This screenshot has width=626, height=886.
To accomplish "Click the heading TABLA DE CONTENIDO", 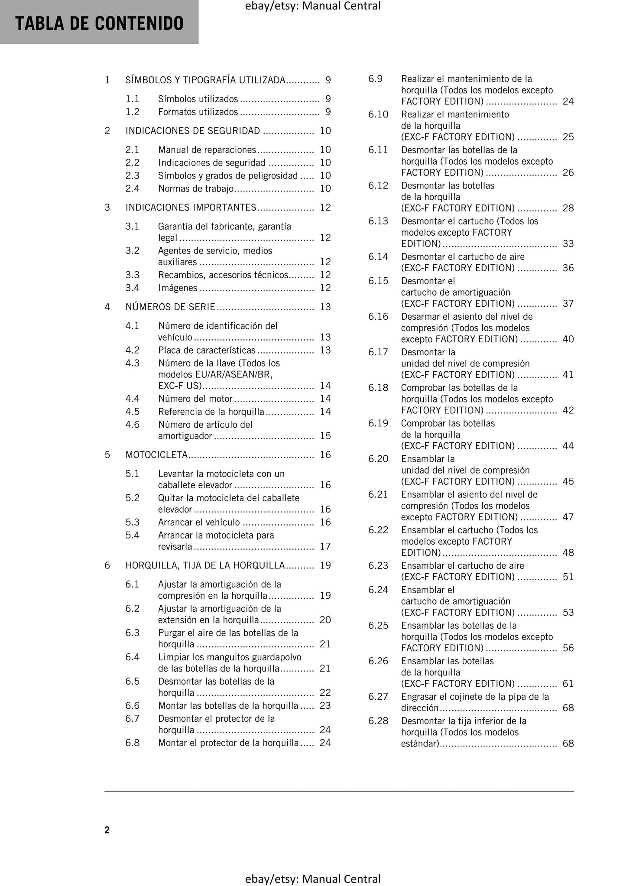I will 99,23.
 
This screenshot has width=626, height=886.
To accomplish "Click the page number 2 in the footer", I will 107,830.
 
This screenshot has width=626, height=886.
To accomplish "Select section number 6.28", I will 378,721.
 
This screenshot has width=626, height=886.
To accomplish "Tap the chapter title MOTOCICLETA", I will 156,455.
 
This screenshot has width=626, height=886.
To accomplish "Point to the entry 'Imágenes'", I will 178,288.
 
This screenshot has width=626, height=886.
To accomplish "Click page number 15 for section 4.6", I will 325,436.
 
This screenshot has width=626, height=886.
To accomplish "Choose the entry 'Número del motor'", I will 195,399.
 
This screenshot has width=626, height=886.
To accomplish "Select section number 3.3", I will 132,275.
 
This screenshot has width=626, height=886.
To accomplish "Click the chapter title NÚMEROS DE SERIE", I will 170,307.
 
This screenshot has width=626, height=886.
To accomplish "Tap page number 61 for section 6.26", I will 568,684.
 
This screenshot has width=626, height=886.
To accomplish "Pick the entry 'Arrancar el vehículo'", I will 199,523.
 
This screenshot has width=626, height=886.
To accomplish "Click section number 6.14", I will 378,256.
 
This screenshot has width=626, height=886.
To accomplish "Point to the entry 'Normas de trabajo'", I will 196,188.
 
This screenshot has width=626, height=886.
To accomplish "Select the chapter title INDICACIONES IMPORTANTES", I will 191,208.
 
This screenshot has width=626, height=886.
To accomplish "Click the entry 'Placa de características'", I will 207,350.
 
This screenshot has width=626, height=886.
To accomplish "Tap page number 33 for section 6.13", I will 568,244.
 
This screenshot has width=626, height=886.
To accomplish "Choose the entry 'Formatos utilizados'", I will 198,112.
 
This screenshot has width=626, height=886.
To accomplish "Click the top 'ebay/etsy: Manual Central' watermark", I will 313,6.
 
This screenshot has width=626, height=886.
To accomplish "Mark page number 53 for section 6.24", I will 568,613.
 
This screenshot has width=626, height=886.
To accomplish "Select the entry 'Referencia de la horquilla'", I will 211,412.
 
